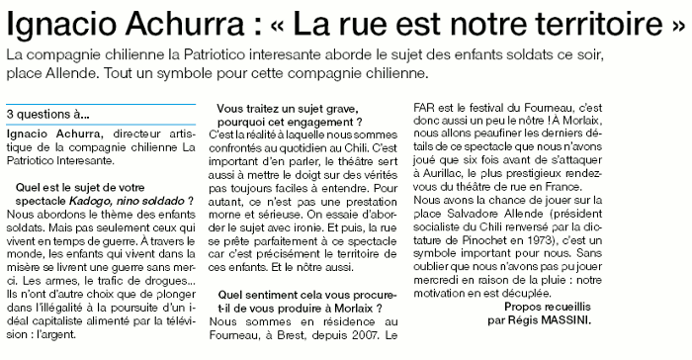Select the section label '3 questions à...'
click(x=47, y=114)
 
